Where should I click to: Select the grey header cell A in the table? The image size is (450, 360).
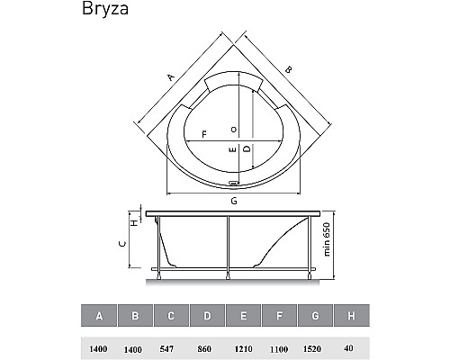[98, 316]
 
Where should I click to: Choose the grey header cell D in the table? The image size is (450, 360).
[206, 316]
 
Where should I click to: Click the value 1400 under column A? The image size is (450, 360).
[98, 346]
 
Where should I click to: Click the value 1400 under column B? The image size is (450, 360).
[134, 346]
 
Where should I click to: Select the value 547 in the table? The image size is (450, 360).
[170, 346]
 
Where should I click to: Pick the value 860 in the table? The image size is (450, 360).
[206, 346]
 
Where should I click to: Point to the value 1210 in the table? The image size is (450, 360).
[242, 346]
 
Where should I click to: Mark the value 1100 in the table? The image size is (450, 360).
[278, 346]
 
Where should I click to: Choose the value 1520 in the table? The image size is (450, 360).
[314, 346]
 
